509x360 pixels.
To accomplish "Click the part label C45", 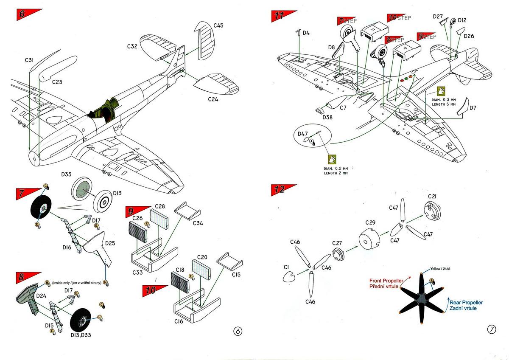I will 218,25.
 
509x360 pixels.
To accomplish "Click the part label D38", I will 327,117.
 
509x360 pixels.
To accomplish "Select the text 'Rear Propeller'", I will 466,302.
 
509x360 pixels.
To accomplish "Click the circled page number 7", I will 492,329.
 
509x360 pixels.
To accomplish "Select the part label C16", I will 179,322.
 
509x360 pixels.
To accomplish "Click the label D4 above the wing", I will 305,33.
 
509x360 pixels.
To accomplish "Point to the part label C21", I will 432,197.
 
